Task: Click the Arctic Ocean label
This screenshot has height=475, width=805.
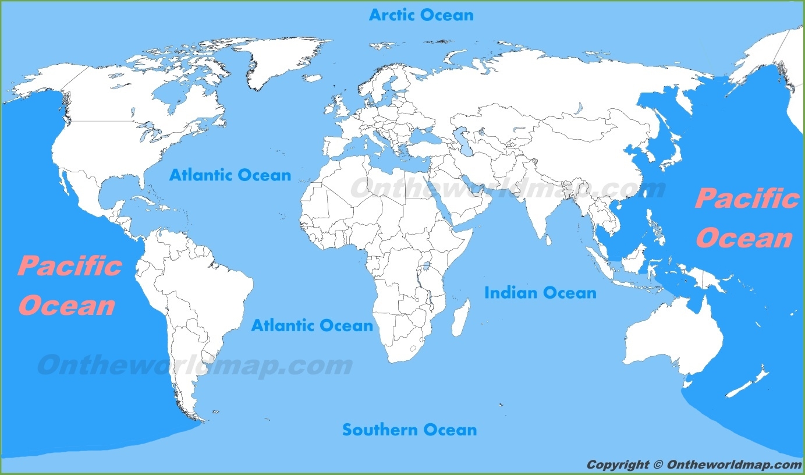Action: coord(421,15)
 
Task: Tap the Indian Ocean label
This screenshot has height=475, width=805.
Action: coord(540,293)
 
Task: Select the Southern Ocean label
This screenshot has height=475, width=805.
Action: coord(409,430)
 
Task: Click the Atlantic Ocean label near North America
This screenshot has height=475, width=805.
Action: coord(230,175)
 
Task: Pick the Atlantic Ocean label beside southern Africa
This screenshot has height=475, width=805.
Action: coord(311,325)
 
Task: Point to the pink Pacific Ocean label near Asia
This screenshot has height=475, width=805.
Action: coord(746,218)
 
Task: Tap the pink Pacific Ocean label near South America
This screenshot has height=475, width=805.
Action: coord(69,286)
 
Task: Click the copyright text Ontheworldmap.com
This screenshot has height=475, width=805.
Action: coord(694,465)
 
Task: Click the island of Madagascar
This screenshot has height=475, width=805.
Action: coord(460,318)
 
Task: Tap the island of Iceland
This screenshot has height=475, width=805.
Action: coord(313,78)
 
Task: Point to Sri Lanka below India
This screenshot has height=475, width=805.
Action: coord(547,237)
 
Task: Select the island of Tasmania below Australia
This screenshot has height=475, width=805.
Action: coord(688,382)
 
